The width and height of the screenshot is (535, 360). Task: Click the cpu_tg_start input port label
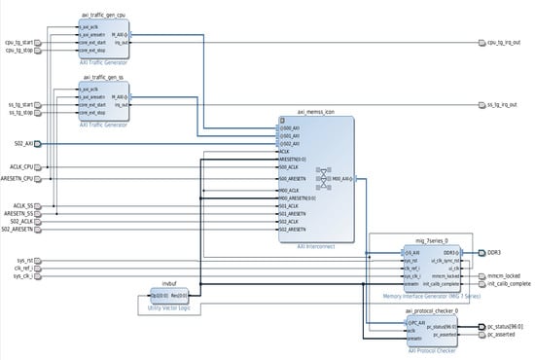pyautogui.click(x=19, y=43)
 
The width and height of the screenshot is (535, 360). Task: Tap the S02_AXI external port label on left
pyautogui.click(x=21, y=143)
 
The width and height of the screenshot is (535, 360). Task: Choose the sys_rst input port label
pyautogui.click(x=17, y=259)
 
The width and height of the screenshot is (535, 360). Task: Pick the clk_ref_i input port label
pyautogui.click(x=17, y=268)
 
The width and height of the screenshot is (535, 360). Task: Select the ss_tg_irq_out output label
pyautogui.click(x=506, y=104)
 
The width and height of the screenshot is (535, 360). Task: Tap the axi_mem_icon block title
pyautogui.click(x=315, y=113)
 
